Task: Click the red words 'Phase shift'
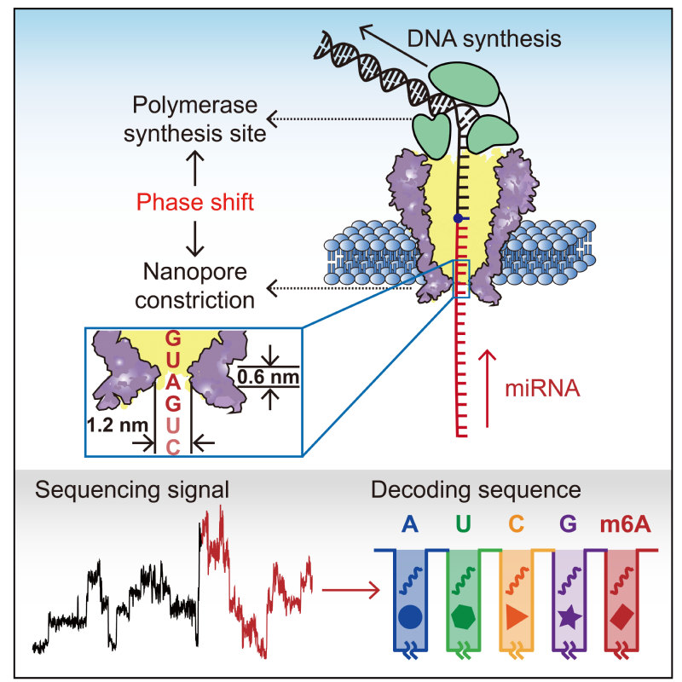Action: click(195, 202)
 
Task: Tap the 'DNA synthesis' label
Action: click(484, 38)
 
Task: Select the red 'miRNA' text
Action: click(542, 388)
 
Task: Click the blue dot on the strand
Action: click(458, 218)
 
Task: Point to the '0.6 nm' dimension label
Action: click(269, 377)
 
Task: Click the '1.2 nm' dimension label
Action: click(118, 425)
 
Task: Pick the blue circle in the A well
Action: click(410, 616)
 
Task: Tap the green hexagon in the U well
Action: click(463, 616)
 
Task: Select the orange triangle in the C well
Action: click(517, 616)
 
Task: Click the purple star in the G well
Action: click(569, 616)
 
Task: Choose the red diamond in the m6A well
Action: click(622, 616)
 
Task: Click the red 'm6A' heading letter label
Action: click(626, 524)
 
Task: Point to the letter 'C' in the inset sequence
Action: click(173, 447)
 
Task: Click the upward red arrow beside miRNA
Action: click(487, 389)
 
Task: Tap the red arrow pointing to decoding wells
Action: click(350, 590)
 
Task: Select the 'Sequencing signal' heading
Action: click(132, 490)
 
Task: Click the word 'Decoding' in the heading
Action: click(421, 490)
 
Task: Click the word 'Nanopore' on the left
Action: click(195, 272)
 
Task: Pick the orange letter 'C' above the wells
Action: click(516, 524)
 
